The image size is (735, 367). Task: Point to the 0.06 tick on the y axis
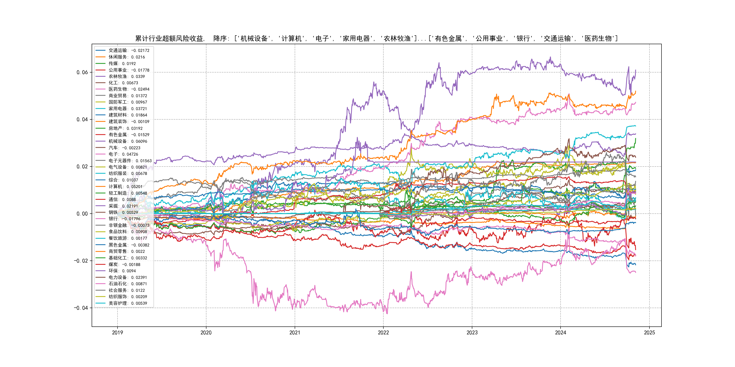pyautogui.click(x=82, y=72)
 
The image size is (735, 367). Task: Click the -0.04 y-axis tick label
pyautogui.click(x=81, y=308)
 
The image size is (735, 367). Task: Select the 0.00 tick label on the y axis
pyautogui.click(x=82, y=214)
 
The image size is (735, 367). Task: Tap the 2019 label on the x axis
pyautogui.click(x=117, y=333)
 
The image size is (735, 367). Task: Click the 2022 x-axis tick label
pyautogui.click(x=383, y=333)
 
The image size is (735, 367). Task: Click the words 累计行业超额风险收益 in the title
pyautogui.click(x=169, y=39)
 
